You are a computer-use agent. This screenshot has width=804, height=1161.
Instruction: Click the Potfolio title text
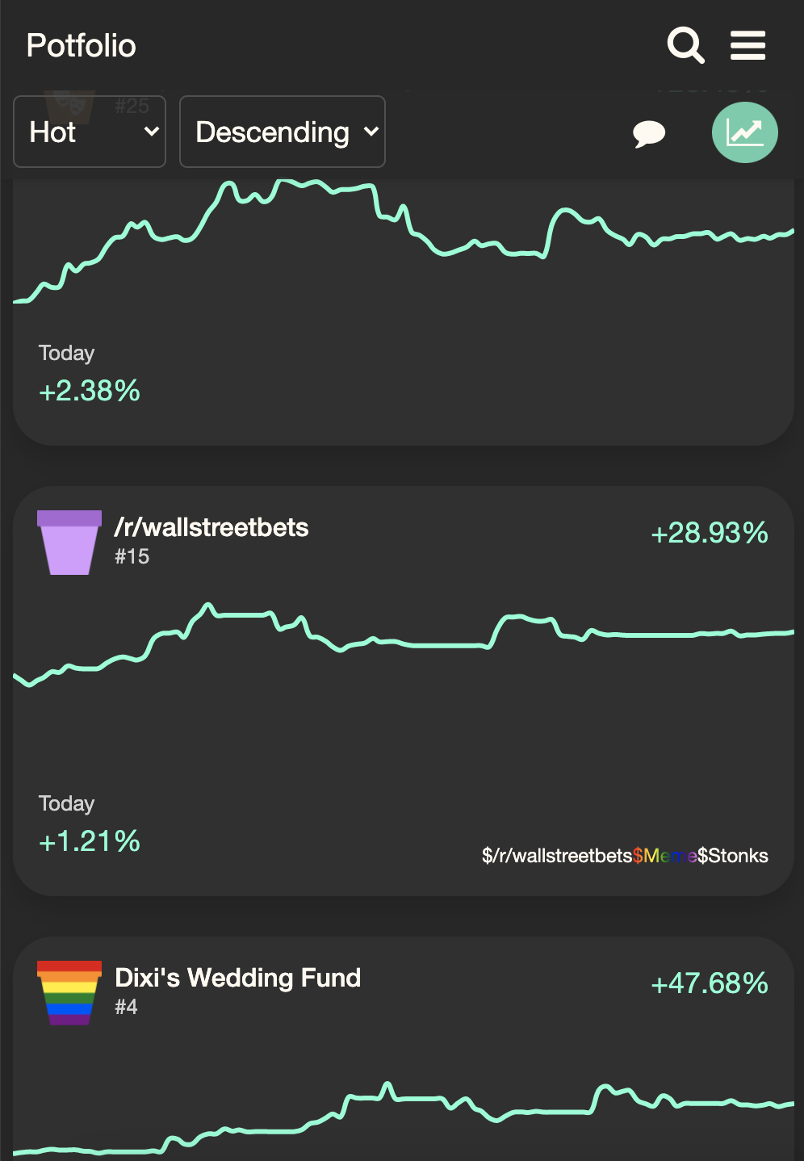[x=81, y=46]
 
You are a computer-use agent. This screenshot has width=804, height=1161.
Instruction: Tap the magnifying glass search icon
[x=685, y=45]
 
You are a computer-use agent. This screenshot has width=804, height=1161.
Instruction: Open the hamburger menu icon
[x=747, y=45]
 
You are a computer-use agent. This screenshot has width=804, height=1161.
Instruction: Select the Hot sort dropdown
[x=90, y=132]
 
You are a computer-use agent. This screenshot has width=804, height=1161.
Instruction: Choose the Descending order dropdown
[x=282, y=132]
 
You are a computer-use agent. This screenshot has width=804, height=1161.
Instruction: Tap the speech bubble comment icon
[x=648, y=133]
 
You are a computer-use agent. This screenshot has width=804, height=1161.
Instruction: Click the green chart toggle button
[x=744, y=132]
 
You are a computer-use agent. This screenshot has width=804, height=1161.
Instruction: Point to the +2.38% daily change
[x=90, y=392]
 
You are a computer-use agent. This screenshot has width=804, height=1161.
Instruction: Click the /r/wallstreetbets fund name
[x=211, y=527]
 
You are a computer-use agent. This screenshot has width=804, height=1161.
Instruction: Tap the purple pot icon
[x=69, y=543]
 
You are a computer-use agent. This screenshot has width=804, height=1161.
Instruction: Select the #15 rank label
[x=132, y=556]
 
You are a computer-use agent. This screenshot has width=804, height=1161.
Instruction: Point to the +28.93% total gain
[x=709, y=533]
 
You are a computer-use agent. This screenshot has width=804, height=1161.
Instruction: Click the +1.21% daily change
[x=90, y=842]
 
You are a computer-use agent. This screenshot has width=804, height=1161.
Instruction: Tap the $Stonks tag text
[x=733, y=856]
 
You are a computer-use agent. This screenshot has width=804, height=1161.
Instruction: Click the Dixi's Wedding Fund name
[x=237, y=978]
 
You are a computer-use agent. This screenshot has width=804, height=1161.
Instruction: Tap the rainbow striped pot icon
[x=69, y=993]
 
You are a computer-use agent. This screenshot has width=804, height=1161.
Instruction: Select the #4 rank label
[x=126, y=1007]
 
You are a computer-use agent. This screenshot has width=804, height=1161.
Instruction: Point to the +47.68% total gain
[x=709, y=983]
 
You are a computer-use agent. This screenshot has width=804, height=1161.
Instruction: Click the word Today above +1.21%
[x=66, y=803]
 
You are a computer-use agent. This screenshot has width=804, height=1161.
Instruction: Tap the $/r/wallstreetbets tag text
[x=557, y=856]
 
